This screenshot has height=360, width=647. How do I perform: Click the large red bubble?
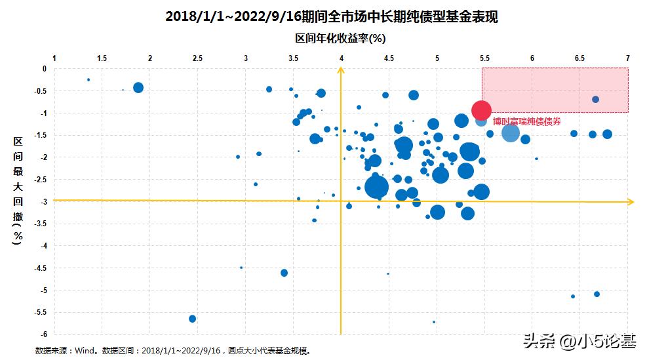point(481,110)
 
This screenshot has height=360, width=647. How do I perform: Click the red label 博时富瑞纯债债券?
point(527,121)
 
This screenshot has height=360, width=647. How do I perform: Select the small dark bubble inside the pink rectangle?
point(595,100)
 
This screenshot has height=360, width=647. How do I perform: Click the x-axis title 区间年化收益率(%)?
point(340,39)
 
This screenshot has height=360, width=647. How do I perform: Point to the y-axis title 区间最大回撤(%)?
point(18,191)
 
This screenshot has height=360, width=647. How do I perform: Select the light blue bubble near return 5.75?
point(511,133)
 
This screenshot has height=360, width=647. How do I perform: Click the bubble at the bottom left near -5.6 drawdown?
point(192,319)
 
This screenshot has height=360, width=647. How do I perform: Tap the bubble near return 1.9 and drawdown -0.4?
point(138,88)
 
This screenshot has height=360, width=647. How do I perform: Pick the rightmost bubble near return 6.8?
point(607,134)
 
